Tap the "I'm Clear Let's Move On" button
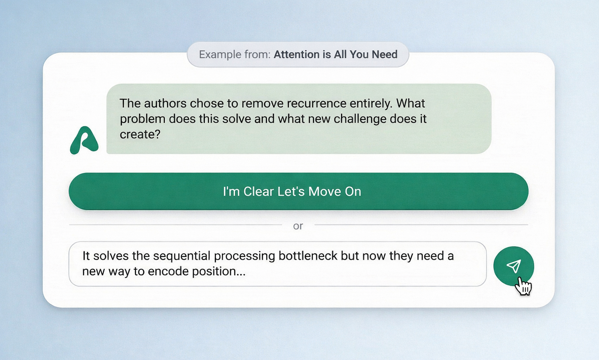click(298, 191)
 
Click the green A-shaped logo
click(84, 140)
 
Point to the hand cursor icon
click(523, 287)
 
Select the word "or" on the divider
click(298, 226)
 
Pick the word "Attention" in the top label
click(297, 54)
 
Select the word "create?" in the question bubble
click(140, 134)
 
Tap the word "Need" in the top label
click(384, 54)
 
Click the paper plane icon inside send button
click(514, 266)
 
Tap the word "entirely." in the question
click(371, 103)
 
